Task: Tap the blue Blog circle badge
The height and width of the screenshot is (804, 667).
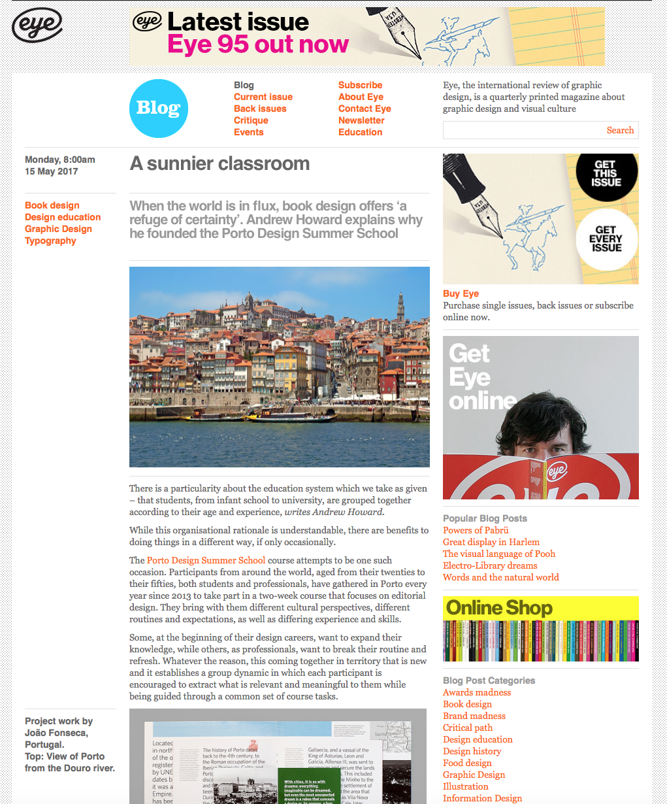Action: pyautogui.click(x=159, y=109)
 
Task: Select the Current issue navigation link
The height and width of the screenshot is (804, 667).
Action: pyautogui.click(x=263, y=97)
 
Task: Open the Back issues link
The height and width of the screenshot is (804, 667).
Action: pyautogui.click(x=260, y=109)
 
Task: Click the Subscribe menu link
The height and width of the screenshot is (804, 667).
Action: pyautogui.click(x=360, y=85)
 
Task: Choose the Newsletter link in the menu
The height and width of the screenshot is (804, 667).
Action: pyautogui.click(x=361, y=120)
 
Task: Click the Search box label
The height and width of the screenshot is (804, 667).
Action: pyautogui.click(x=619, y=130)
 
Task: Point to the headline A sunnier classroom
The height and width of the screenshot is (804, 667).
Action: pyautogui.click(x=220, y=163)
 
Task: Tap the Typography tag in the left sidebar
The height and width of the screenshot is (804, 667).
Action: pyautogui.click(x=50, y=241)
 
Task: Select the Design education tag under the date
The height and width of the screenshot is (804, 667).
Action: pyautogui.click(x=63, y=217)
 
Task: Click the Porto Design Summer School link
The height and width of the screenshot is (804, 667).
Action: pyautogui.click(x=206, y=560)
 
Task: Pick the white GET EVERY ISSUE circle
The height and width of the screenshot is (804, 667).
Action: pyautogui.click(x=606, y=239)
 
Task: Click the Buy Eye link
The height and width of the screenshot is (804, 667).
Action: pyautogui.click(x=461, y=293)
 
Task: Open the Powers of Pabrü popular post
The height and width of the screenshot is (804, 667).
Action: pyautogui.click(x=476, y=530)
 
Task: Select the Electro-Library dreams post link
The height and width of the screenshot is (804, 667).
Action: pyautogui.click(x=490, y=565)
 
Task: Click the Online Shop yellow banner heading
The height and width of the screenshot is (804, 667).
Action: pyautogui.click(x=499, y=608)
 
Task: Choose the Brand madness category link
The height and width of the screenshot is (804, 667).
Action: pyautogui.click(x=474, y=716)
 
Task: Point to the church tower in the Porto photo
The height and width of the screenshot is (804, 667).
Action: pyautogui.click(x=400, y=307)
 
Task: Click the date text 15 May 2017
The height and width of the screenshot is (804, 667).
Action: pyautogui.click(x=52, y=171)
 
